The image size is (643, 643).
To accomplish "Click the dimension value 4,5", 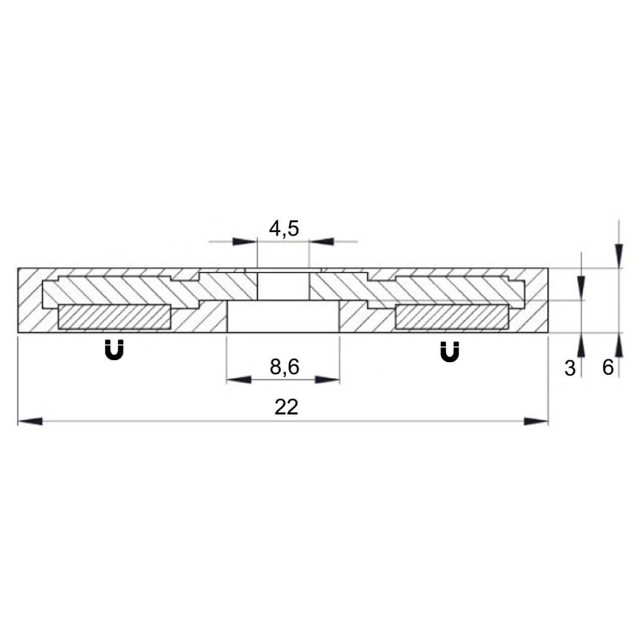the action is point(284,229).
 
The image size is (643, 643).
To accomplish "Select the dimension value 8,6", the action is point(284,367).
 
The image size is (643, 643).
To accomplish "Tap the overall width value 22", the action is point(286,407).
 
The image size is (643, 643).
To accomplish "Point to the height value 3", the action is point(570,368).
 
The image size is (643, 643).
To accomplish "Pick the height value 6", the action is point(608,367).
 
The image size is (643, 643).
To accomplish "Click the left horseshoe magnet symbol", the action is point(115,350).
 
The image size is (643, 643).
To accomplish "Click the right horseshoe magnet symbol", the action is point(450,352).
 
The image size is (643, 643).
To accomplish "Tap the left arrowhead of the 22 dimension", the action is point(30,421).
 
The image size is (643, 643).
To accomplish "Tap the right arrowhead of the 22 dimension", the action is point(536,421).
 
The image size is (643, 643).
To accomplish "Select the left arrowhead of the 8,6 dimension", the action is point(239,380).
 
